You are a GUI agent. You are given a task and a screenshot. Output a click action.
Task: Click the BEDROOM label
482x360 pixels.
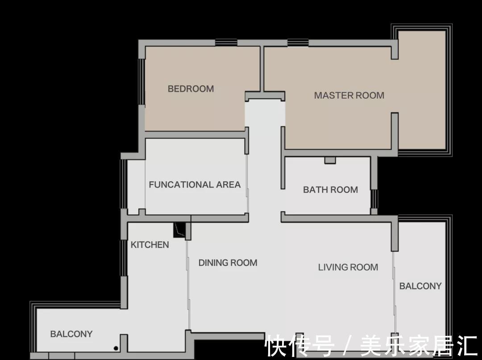(x=191, y=89)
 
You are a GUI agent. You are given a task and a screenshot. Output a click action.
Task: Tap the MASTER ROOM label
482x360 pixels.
(x=349, y=96)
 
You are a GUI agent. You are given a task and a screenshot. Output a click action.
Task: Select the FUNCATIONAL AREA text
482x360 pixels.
(x=195, y=184)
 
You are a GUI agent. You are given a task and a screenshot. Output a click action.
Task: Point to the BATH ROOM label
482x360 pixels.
(x=330, y=189)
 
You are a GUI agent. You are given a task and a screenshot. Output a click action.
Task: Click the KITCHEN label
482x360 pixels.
(x=150, y=245)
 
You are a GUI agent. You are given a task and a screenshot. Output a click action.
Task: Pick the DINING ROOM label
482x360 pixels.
(x=228, y=263)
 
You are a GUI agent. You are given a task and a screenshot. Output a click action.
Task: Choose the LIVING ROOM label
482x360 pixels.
(x=348, y=267)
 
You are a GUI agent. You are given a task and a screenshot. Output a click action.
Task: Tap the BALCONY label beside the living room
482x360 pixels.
(x=420, y=286)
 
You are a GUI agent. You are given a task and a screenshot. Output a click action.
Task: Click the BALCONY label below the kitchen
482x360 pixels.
(x=71, y=334)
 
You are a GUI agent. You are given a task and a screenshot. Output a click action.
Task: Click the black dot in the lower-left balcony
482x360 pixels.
(x=116, y=348)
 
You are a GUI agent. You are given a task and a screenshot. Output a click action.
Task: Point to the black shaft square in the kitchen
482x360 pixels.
(x=179, y=230)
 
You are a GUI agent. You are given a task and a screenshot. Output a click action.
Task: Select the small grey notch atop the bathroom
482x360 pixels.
(x=330, y=160)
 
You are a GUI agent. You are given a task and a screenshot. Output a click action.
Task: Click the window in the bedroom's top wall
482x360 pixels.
(x=226, y=42)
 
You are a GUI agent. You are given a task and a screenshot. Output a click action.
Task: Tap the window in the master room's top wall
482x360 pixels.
(x=298, y=42)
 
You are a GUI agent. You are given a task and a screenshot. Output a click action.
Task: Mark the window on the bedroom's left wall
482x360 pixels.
(x=141, y=82)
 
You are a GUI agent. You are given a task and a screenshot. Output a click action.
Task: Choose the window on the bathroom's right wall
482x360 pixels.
(x=374, y=199)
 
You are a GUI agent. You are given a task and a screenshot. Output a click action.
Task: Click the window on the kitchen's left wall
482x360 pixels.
(x=124, y=258)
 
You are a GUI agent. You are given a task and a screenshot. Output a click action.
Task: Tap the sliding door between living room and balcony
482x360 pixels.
(x=394, y=292)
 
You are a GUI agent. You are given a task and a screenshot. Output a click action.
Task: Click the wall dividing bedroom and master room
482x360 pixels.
(x=262, y=69)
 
